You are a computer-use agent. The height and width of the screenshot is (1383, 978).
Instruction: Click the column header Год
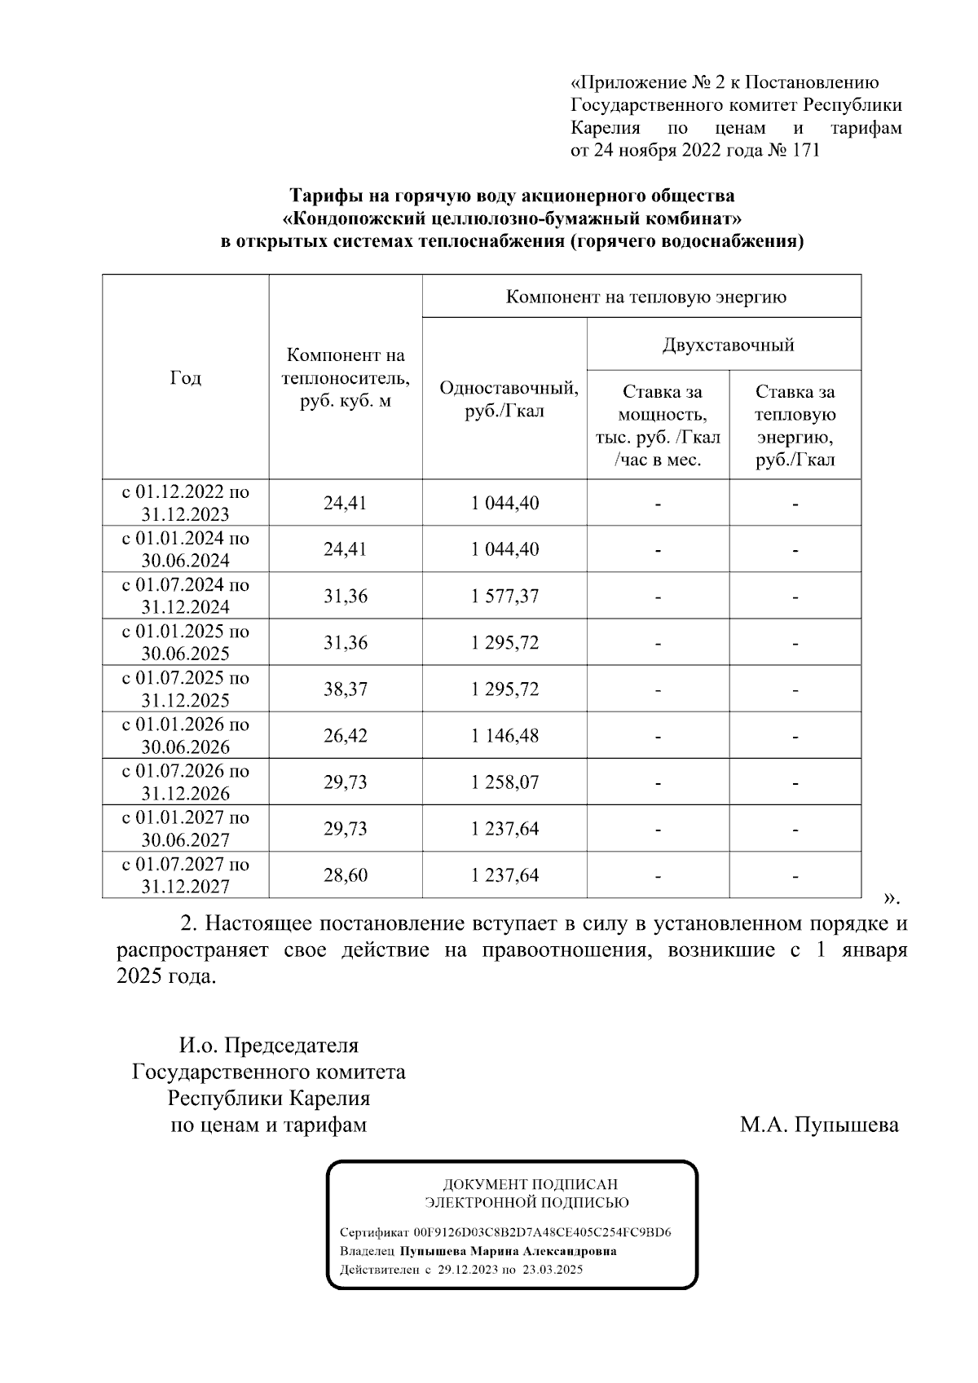tap(185, 378)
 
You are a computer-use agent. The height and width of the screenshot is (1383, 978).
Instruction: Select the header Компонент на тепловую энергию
tap(645, 297)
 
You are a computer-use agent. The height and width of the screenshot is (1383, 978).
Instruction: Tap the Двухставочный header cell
tap(727, 345)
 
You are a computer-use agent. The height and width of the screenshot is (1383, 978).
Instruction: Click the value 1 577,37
tap(504, 597)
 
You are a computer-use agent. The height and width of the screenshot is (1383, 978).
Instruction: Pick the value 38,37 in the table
tap(345, 689)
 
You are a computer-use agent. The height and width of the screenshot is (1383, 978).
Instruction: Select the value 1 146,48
tap(504, 736)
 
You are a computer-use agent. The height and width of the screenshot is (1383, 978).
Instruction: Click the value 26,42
tap(345, 736)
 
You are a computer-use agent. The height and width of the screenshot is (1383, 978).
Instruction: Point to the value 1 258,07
tap(504, 782)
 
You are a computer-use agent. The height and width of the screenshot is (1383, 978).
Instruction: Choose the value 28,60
tap(345, 875)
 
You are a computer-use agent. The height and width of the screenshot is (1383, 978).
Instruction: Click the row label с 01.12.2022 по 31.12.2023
tap(186, 503)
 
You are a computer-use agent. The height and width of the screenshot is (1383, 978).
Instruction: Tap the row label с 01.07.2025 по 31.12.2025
tap(186, 689)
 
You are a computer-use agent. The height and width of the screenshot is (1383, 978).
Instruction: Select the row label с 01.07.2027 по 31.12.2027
tap(186, 874)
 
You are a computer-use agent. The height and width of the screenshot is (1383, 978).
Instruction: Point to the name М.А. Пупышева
tap(819, 1125)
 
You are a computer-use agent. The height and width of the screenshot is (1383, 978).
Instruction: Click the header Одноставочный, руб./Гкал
tap(509, 399)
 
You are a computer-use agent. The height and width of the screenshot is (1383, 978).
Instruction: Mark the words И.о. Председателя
tap(268, 1046)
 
